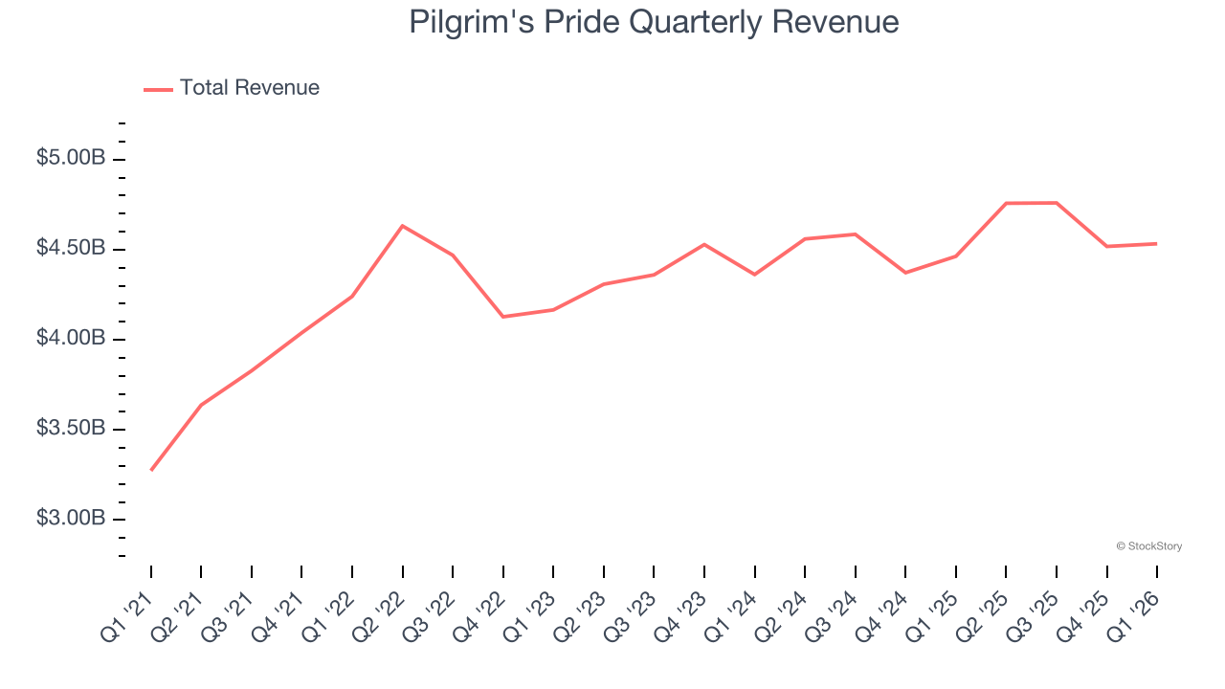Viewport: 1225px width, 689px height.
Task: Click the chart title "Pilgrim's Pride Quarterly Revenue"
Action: (x=654, y=22)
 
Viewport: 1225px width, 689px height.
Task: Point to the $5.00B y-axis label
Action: (x=71, y=158)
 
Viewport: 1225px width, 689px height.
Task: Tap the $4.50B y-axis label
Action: (x=71, y=249)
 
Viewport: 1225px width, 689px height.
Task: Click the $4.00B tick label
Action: (x=71, y=339)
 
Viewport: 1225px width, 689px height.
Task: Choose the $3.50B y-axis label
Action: (x=71, y=428)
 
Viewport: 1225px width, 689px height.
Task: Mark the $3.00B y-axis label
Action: (x=71, y=519)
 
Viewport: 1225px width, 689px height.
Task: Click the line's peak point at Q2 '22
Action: (x=403, y=226)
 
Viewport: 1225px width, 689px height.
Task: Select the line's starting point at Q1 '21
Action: (x=151, y=470)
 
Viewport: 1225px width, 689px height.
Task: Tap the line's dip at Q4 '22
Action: (x=503, y=317)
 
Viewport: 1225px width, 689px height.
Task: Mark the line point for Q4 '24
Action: (x=905, y=273)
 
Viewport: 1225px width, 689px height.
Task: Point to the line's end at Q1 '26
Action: (x=1156, y=243)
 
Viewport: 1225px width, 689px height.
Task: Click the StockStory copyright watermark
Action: (x=1149, y=546)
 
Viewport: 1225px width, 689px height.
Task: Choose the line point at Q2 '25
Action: (x=1006, y=203)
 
